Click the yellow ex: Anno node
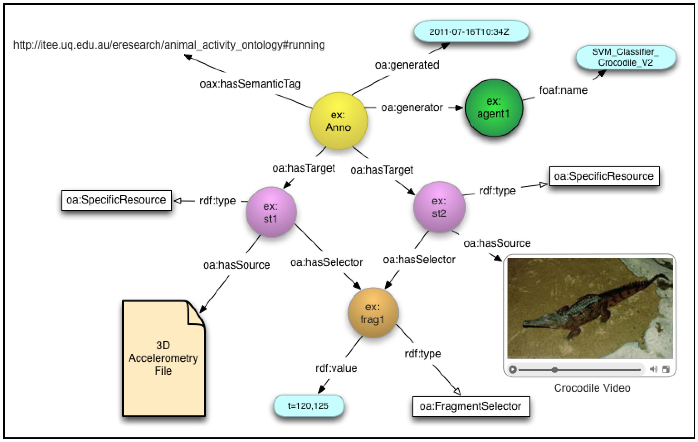(x=338, y=121)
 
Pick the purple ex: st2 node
(x=439, y=207)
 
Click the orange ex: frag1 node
(x=373, y=313)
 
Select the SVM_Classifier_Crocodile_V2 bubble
(x=626, y=57)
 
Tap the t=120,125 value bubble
(x=308, y=406)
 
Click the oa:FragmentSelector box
(x=471, y=406)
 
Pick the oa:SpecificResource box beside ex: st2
(x=604, y=176)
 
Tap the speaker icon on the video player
(x=653, y=369)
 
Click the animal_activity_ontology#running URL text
(x=169, y=45)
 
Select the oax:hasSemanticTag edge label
(x=250, y=84)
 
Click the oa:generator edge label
(x=412, y=108)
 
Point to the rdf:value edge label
(x=336, y=368)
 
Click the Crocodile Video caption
(x=592, y=388)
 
